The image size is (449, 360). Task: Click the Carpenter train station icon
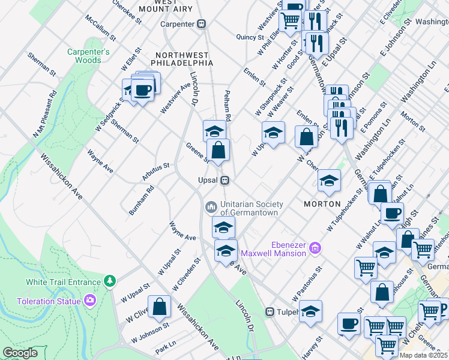[202, 24]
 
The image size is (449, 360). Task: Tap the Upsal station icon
[224, 180]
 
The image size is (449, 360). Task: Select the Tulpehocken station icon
[270, 312]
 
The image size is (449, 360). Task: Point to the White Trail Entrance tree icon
[109, 281]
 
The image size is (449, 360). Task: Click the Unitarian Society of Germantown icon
[211, 207]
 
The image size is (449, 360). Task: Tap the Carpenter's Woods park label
[88, 56]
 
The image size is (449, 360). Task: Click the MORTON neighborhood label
[323, 203]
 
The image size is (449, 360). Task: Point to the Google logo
[20, 353]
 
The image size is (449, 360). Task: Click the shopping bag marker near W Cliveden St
[160, 306]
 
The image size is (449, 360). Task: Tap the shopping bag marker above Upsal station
[219, 150]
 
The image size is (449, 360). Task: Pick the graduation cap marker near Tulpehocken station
[310, 311]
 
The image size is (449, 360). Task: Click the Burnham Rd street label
[142, 200]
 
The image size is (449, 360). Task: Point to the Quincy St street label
[250, 37]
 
